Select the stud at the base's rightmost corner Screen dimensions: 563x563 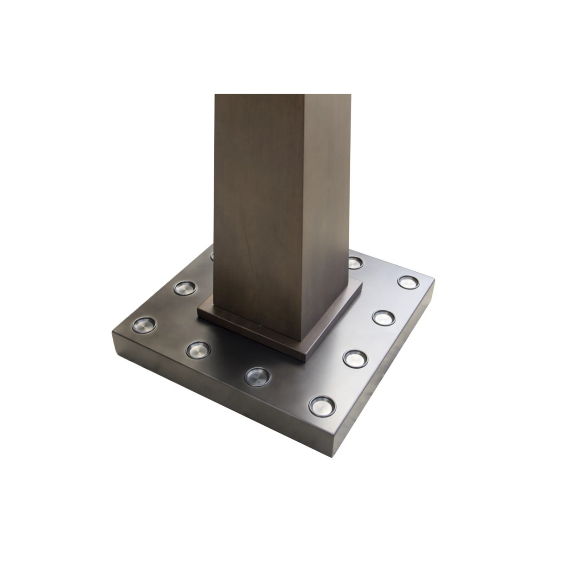(x=408, y=281)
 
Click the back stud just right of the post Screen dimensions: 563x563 (x=355, y=262)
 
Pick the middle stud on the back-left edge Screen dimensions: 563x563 (x=184, y=288)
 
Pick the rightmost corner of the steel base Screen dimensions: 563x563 (x=434, y=280)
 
